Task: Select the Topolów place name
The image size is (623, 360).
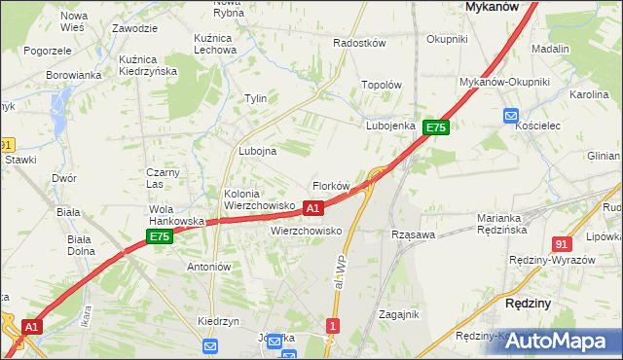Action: tap(382, 85)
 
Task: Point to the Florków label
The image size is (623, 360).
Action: tap(330, 186)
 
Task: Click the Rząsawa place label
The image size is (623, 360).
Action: tap(412, 235)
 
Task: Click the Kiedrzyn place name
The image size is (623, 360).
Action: tap(218, 321)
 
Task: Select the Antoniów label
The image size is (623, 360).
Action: tap(207, 267)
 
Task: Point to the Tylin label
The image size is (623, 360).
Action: tap(256, 99)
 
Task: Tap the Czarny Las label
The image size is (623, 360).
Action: tap(159, 178)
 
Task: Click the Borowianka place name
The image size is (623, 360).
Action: tap(74, 75)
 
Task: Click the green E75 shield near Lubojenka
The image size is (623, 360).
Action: tap(435, 127)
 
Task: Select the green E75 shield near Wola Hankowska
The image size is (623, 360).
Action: tap(160, 236)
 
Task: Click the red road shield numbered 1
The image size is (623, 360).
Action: tap(334, 326)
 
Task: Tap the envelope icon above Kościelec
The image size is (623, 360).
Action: tap(512, 116)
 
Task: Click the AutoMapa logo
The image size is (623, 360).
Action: tap(565, 342)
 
